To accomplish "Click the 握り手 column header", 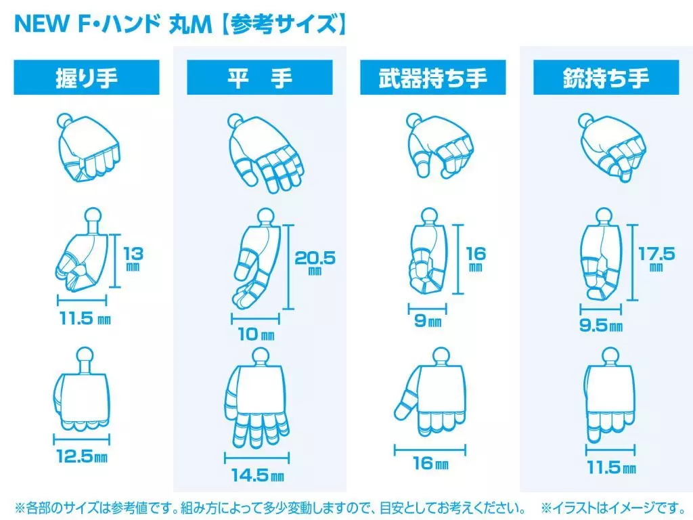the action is tap(87, 77).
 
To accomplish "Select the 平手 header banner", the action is tap(259, 77).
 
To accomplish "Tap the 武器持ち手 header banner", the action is tap(432, 77).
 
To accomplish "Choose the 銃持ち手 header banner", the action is tap(606, 77).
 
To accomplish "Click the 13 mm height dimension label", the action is tap(133, 259).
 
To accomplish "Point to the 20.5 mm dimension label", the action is tap(315, 262).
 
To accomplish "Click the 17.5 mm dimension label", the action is tap(656, 259).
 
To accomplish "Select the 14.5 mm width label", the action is tap(258, 475).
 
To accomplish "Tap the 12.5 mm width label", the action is tap(82, 456).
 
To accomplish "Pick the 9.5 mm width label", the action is tap(601, 326).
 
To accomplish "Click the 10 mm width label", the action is tap(256, 334).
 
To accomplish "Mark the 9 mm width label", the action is tap(428, 320).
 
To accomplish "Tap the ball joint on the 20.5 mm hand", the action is tap(265, 216).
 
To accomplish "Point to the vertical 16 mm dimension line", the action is tap(459, 259).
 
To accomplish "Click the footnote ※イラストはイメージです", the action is tap(613, 507).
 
